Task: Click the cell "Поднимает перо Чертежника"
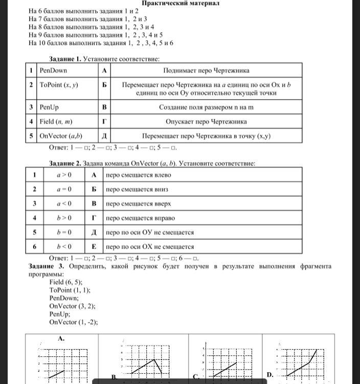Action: pos(206,71)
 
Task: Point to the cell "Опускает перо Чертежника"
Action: pos(206,122)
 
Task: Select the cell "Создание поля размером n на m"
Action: pos(206,107)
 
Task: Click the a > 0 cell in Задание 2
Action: pos(64,175)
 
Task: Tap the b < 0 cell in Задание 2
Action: pos(64,246)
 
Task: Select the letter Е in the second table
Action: pos(94,246)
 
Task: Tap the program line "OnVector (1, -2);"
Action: pos(74,323)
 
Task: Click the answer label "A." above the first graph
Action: pos(61,338)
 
